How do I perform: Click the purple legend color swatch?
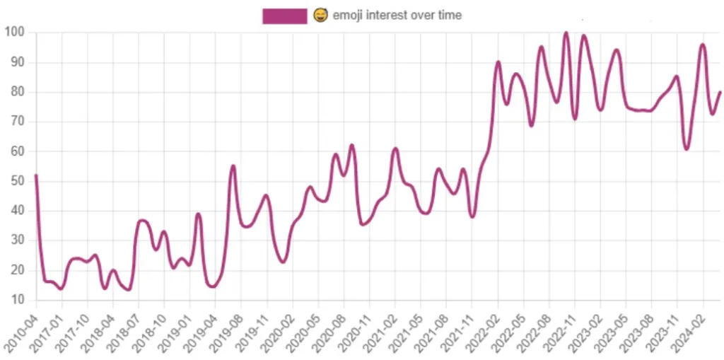(x=284, y=15)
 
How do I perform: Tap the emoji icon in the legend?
(x=320, y=15)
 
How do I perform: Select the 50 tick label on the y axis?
(x=17, y=181)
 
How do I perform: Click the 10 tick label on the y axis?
(x=17, y=300)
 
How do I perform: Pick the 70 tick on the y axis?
(x=17, y=122)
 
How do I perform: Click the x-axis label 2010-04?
(x=21, y=329)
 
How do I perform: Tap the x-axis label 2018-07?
(x=123, y=329)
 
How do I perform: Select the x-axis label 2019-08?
(x=226, y=329)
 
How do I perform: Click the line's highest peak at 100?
(x=566, y=33)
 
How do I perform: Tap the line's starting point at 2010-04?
(x=35, y=175)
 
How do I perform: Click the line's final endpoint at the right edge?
(x=720, y=92)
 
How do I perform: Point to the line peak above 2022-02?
(x=498, y=62)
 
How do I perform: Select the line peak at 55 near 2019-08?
(x=233, y=166)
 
